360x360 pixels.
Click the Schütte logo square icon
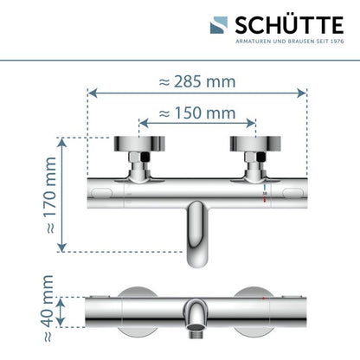coord(219,25)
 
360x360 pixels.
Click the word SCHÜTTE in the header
coord(289,25)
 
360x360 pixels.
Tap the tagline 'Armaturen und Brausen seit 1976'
coord(290,42)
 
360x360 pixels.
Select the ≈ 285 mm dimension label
coord(197,81)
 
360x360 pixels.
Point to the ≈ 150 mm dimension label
coord(197,112)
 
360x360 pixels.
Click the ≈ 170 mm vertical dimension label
coord(51,196)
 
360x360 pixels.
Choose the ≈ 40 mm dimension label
coord(48,308)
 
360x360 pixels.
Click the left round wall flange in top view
coord(139,144)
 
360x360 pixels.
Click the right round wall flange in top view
coord(255,144)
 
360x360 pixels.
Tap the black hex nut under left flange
coord(145,157)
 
